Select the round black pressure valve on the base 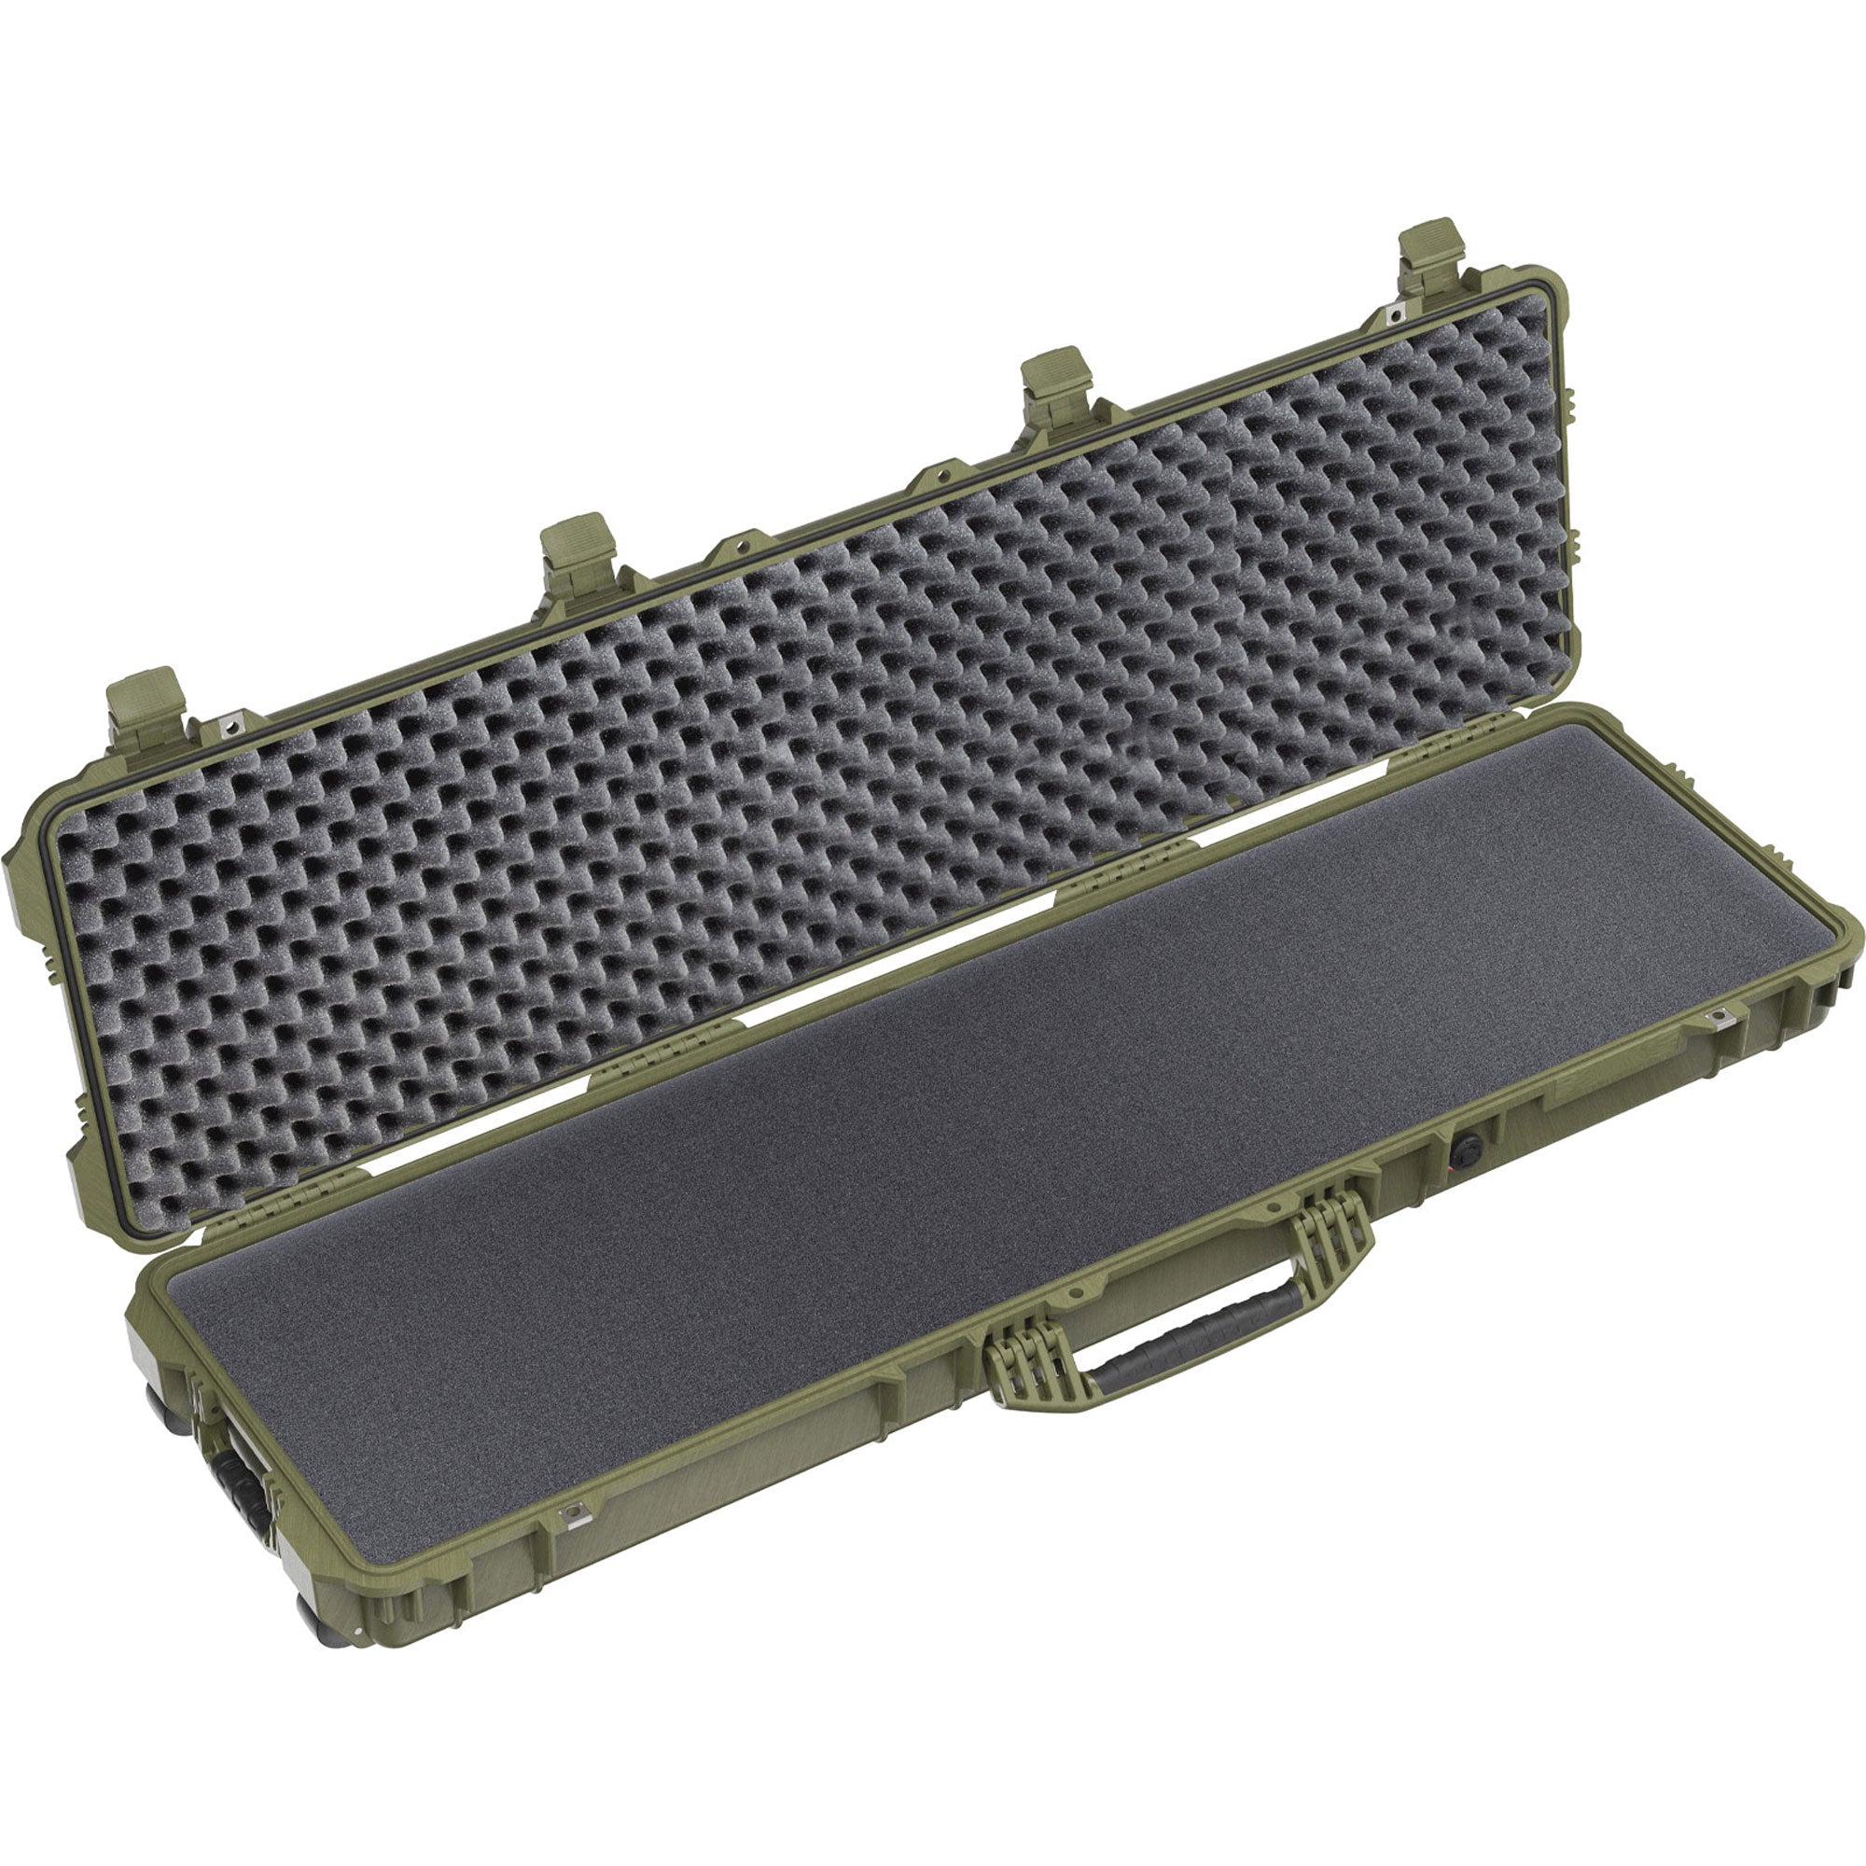tap(1465, 1149)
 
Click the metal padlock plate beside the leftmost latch tap(231, 722)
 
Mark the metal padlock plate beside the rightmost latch tap(1392, 312)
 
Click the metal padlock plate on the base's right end tap(1719, 1016)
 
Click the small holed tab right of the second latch tap(739, 546)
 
